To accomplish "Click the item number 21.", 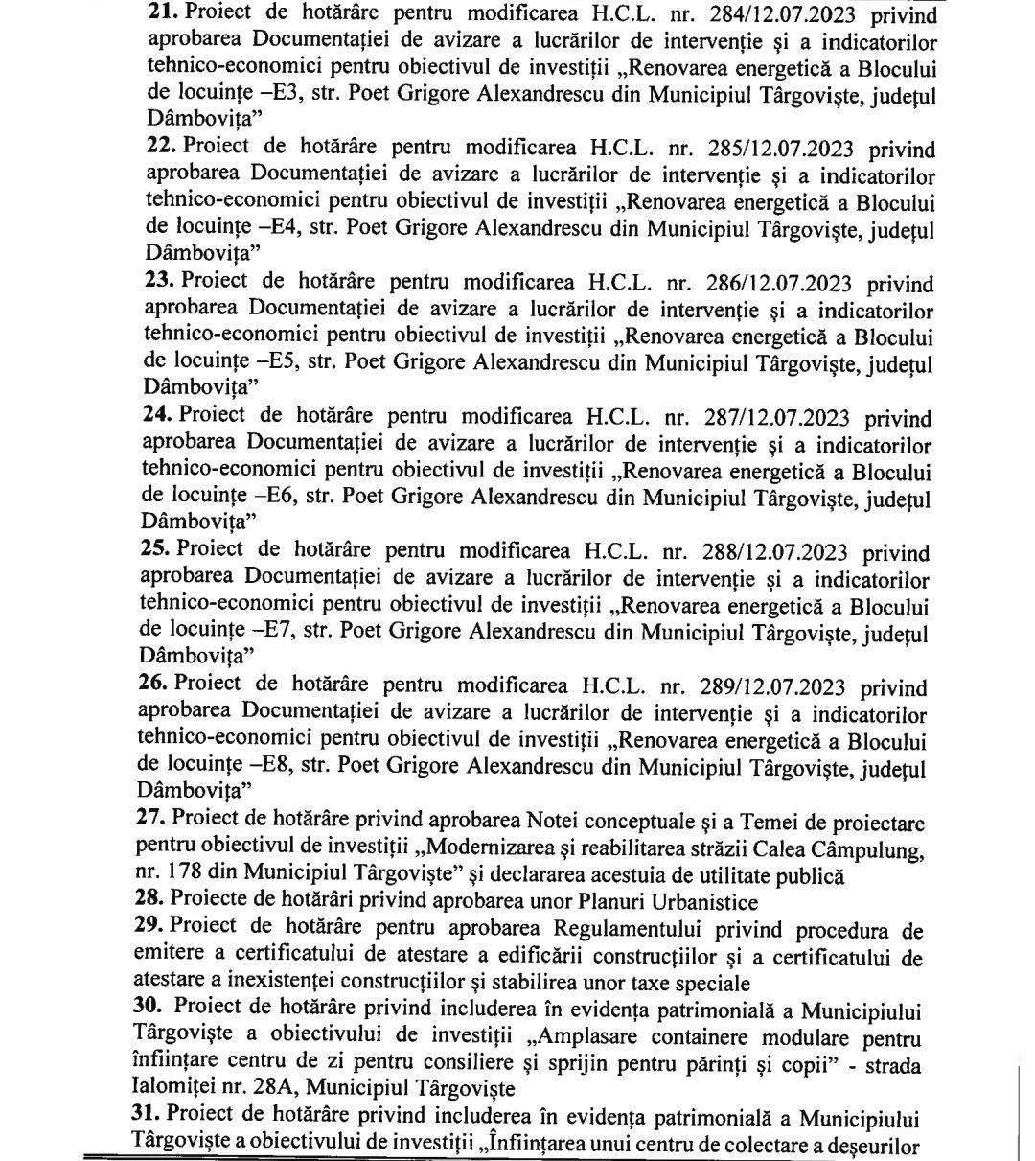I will pyautogui.click(x=161, y=13).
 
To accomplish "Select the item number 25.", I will pyautogui.click(x=155, y=551).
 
